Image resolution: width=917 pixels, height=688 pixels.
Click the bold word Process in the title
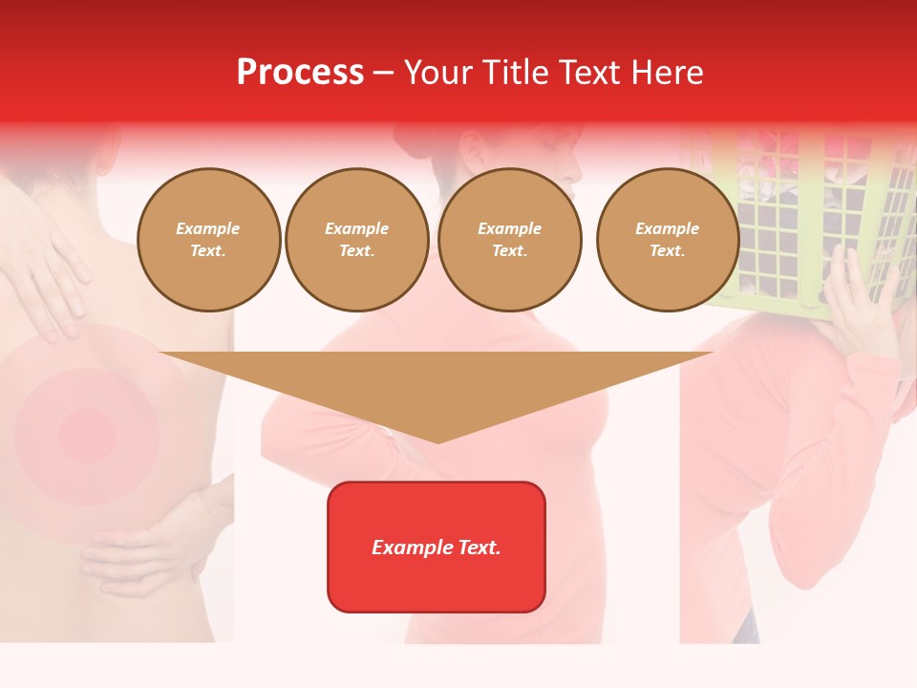point(300,73)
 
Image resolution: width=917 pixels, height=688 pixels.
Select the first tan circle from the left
point(209,240)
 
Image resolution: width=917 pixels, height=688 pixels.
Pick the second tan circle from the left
point(357,240)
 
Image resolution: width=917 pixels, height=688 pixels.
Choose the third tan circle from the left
point(510,240)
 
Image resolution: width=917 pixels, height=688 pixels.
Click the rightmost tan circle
point(668,240)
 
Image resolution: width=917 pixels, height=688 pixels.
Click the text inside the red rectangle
point(437,548)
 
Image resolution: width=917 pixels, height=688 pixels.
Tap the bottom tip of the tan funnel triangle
point(437,440)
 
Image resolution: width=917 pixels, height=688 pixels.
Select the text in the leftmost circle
point(208,240)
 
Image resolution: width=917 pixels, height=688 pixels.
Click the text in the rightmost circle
point(668,240)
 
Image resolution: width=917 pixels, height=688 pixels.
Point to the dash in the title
point(383,74)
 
